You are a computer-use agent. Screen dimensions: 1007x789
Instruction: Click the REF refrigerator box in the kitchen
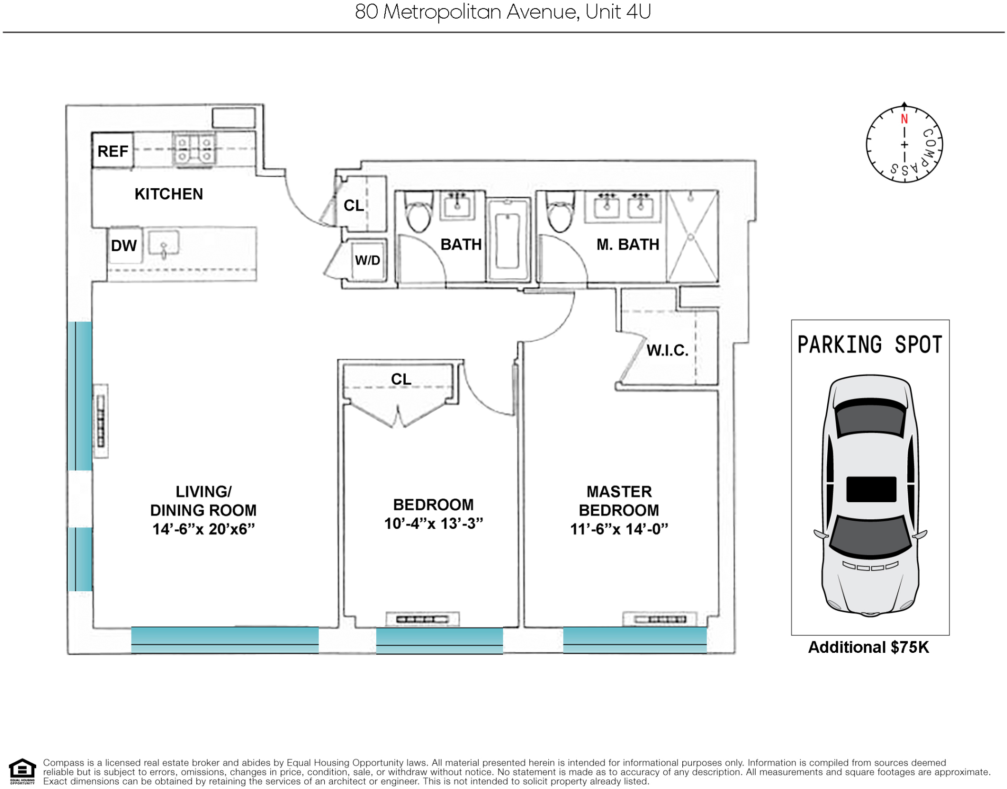(x=113, y=150)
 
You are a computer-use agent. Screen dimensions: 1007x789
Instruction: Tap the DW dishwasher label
(x=124, y=245)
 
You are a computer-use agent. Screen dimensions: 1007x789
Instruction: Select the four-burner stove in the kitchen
(x=194, y=149)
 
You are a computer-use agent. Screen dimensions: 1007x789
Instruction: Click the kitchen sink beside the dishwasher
(x=164, y=244)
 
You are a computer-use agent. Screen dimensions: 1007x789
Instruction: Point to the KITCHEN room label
(x=169, y=194)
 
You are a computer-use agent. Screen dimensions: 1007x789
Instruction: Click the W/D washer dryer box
(x=368, y=260)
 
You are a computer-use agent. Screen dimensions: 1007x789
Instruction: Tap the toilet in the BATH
(x=418, y=212)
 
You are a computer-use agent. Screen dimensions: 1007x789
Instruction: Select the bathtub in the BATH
(x=508, y=239)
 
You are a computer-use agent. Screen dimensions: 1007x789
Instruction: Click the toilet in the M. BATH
(x=560, y=212)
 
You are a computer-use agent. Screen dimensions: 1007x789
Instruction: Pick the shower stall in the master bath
(x=691, y=236)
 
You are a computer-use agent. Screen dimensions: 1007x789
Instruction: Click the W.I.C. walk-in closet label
(x=668, y=351)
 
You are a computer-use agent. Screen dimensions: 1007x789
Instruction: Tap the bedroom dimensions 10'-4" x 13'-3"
(x=433, y=523)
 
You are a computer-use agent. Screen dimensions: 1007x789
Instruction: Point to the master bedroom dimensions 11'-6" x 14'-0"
(x=619, y=529)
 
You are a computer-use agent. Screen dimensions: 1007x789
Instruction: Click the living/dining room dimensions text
(x=204, y=529)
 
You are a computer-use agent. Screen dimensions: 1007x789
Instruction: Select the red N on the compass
(x=904, y=119)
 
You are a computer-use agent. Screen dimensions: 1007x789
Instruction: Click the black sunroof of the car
(x=871, y=489)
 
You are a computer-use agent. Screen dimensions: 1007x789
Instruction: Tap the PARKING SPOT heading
(x=870, y=344)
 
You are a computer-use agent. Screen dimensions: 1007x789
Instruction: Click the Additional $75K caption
(x=868, y=647)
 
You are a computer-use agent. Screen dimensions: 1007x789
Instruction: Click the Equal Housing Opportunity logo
(x=22, y=771)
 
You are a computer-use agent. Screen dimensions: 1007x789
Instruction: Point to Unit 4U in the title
(x=618, y=12)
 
